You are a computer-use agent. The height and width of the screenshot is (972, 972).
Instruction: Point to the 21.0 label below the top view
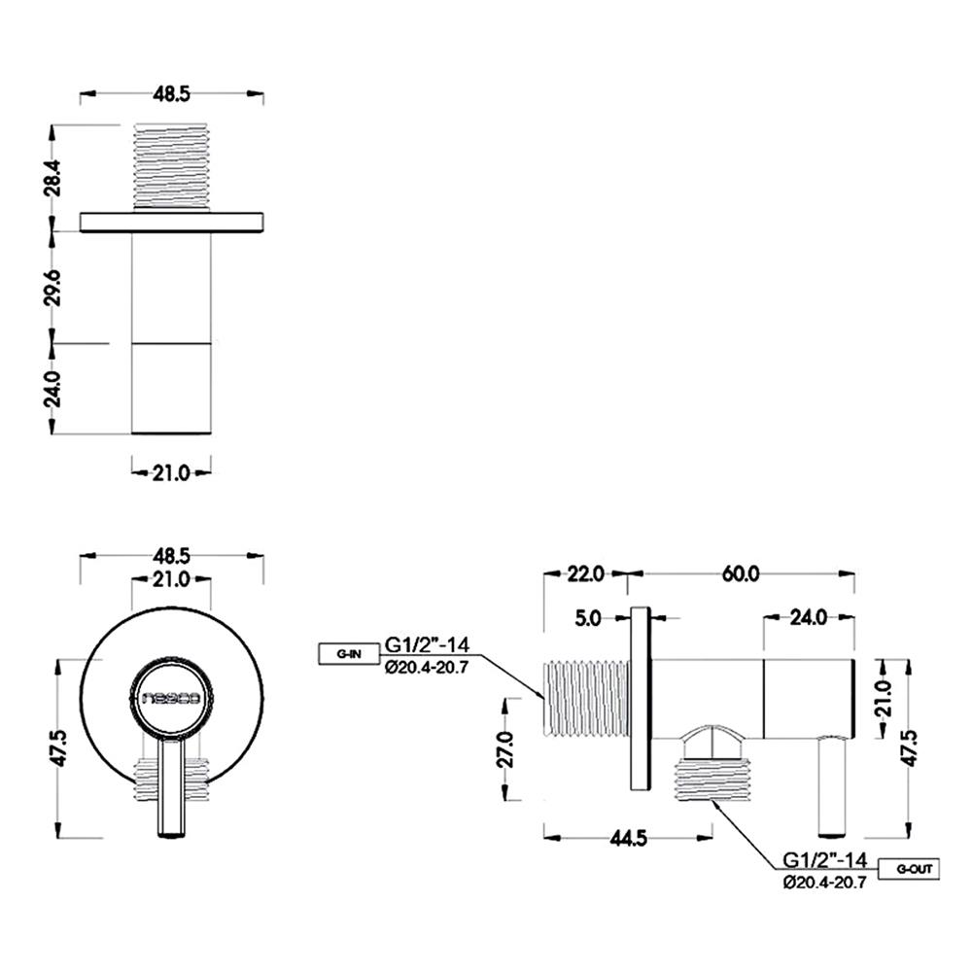[x=171, y=473]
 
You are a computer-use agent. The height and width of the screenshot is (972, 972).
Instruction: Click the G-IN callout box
[x=349, y=653]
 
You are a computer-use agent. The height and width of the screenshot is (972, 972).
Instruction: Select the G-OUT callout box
[x=909, y=868]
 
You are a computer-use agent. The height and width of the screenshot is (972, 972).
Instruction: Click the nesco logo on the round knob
[x=171, y=697]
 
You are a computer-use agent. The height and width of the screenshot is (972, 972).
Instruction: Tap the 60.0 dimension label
[x=740, y=573]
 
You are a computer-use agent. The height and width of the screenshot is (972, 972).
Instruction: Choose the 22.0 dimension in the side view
[x=585, y=573]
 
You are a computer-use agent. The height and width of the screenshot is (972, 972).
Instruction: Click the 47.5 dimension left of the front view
[x=58, y=748]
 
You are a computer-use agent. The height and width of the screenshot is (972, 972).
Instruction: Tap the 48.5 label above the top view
[x=171, y=94]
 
